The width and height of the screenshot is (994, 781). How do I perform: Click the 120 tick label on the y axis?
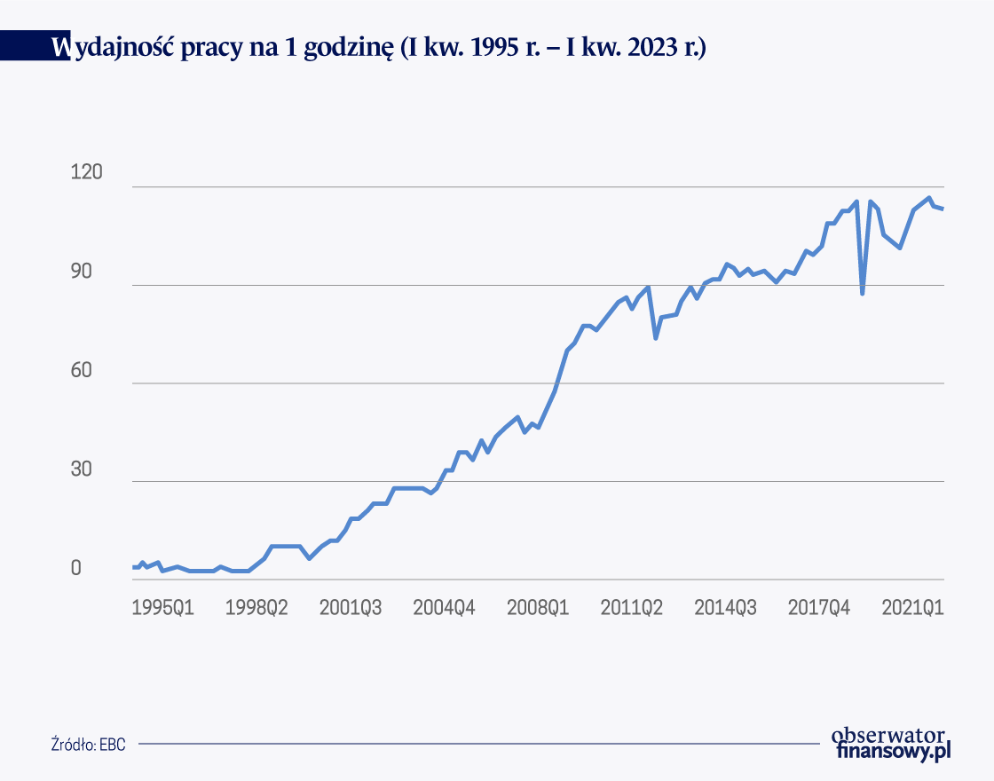[86, 172]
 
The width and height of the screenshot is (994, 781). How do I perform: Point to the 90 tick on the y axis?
[81, 271]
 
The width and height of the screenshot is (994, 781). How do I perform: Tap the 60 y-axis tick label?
[81, 369]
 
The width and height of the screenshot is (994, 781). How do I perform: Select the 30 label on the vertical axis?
[81, 469]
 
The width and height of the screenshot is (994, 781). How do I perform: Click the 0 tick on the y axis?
[76, 567]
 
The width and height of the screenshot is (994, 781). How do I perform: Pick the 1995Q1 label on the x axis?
[162, 607]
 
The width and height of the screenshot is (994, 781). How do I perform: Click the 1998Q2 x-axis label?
[256, 607]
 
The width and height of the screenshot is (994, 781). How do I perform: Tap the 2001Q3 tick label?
[350, 607]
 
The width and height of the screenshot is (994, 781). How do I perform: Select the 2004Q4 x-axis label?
[444, 607]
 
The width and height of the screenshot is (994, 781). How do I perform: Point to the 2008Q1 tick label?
[538, 607]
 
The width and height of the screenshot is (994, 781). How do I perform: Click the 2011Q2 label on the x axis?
[631, 607]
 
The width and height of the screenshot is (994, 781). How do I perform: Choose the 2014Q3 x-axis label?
[725, 607]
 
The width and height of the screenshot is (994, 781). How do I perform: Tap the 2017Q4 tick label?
[819, 607]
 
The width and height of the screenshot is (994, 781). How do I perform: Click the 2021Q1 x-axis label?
[913, 607]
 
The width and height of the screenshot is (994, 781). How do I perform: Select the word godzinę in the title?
[349, 48]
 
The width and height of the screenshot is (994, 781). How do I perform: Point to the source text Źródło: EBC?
[88, 744]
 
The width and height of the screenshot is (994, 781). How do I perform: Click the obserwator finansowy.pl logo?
[891, 744]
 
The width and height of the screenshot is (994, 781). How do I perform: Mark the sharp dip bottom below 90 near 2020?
[862, 294]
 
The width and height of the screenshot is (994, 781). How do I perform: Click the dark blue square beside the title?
[35, 45]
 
